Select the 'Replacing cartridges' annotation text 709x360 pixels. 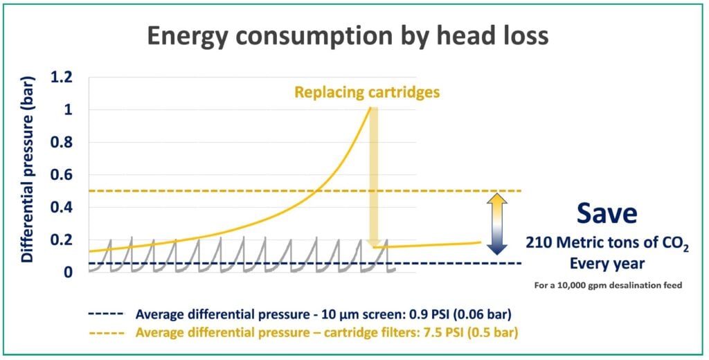pyautogui.click(x=367, y=92)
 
